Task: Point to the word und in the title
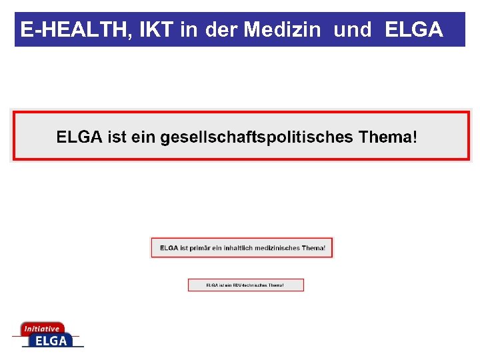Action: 352,30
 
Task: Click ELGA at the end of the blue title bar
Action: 413,30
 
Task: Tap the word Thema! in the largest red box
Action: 388,137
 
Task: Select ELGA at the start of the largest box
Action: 79,137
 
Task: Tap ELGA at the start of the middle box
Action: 169,248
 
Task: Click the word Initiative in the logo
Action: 41,329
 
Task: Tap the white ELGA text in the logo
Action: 51,341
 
